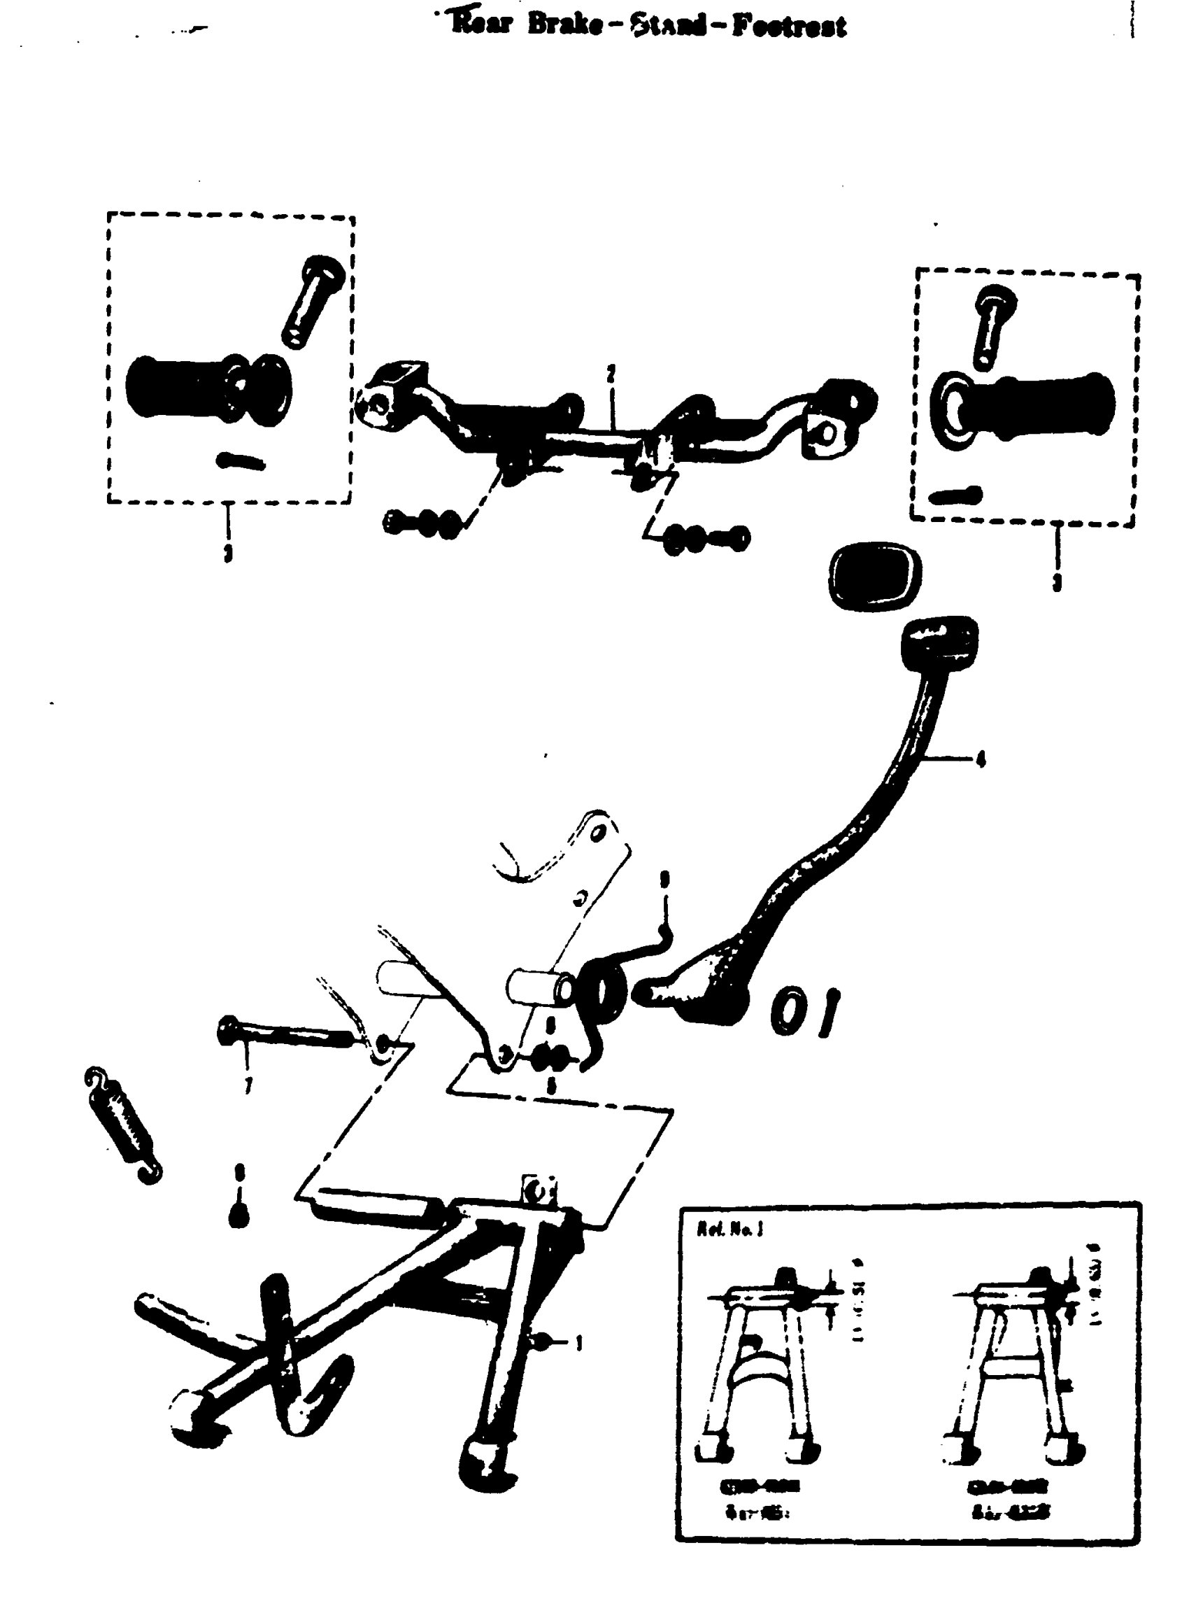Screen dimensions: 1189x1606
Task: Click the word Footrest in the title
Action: tap(789, 26)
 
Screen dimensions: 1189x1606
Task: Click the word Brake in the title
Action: tap(564, 24)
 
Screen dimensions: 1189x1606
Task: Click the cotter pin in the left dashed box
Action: tap(241, 461)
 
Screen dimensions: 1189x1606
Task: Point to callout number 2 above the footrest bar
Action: tap(611, 374)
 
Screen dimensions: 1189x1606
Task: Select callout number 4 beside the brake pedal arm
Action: tap(980, 759)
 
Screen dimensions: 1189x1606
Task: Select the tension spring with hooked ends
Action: tap(122, 1127)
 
